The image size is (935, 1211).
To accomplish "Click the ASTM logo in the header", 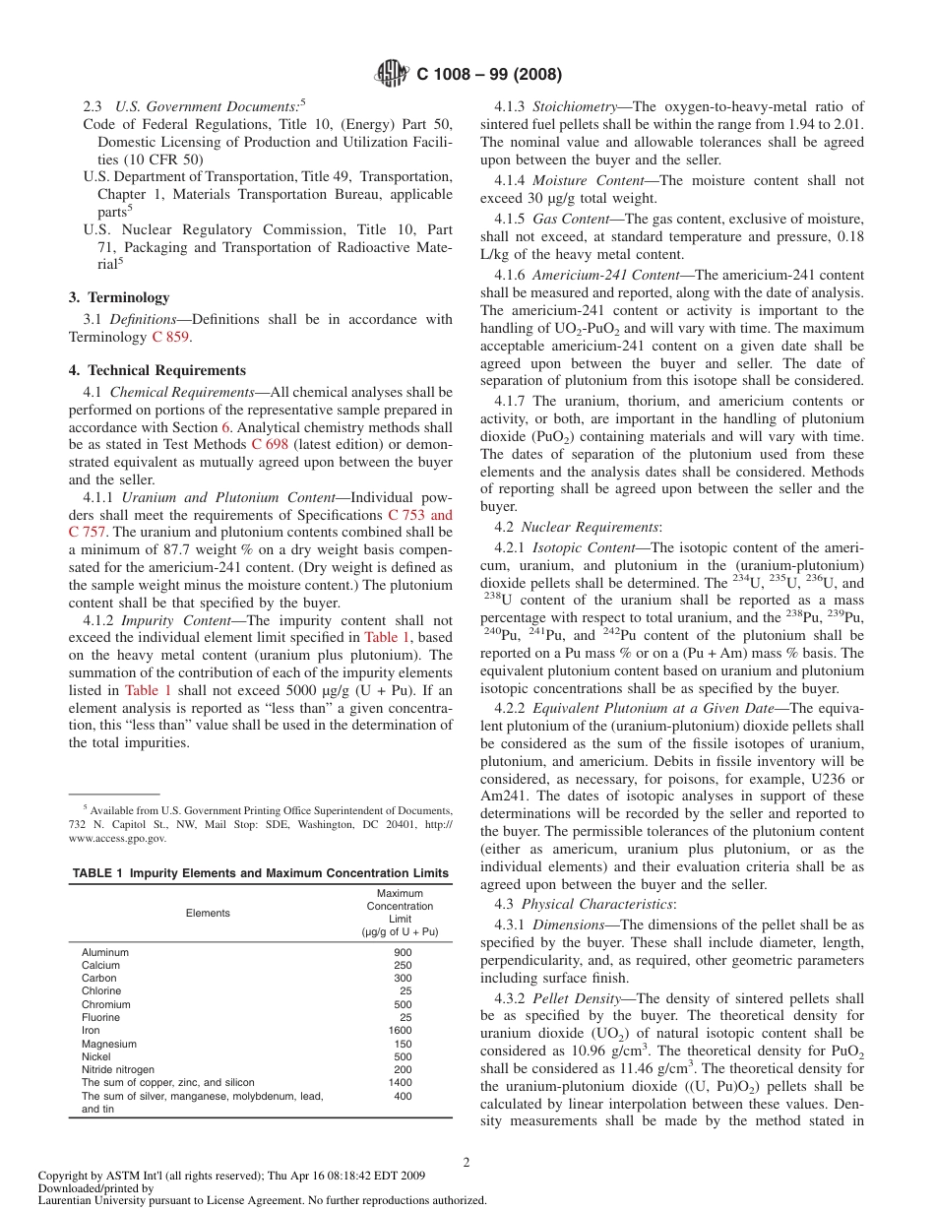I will [393, 74].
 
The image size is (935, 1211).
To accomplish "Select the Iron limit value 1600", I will [401, 1031].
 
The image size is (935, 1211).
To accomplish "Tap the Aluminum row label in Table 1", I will [105, 953].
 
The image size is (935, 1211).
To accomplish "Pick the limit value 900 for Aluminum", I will [403, 953].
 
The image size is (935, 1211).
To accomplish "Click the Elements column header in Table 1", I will [208, 913].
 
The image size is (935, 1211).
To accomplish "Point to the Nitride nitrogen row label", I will [118, 1069].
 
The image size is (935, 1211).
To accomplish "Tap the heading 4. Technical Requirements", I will [157, 370].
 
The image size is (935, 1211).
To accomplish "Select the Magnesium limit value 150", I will [403, 1044].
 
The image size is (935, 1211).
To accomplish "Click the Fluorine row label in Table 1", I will [100, 1018].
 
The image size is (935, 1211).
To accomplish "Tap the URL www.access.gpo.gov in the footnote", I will [118, 839].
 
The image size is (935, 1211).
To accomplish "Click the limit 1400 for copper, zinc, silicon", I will [401, 1082].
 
